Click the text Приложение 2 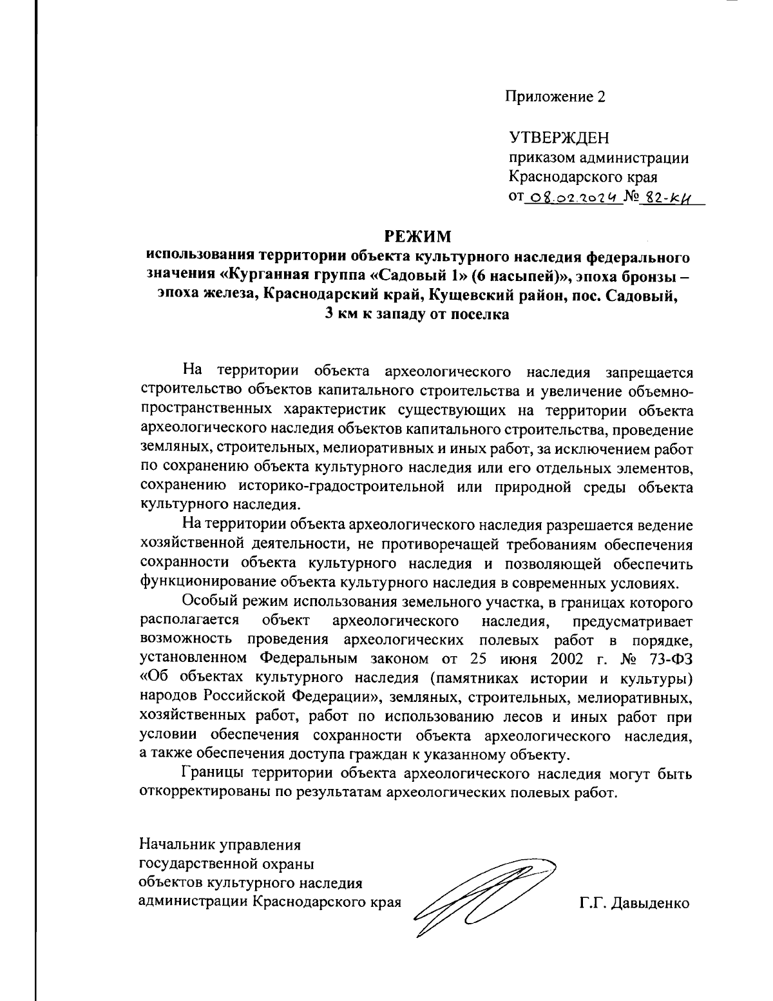coord(555,97)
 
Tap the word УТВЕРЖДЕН coord(558,139)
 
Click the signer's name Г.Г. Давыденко coord(634,903)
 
